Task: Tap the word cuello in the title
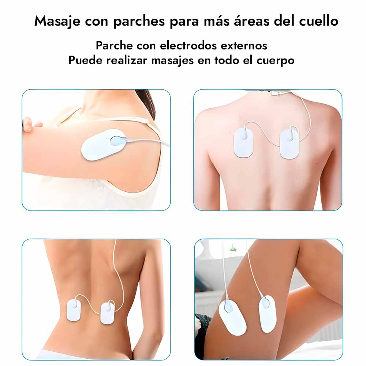[319, 21]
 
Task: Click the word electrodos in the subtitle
[188, 45]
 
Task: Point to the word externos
[244, 46]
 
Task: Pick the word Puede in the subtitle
[85, 60]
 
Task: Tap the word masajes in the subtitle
[172, 61]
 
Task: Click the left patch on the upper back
[243, 142]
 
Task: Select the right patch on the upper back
[290, 144]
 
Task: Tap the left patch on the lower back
[74, 310]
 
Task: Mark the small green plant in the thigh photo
[233, 248]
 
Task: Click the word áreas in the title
[251, 20]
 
